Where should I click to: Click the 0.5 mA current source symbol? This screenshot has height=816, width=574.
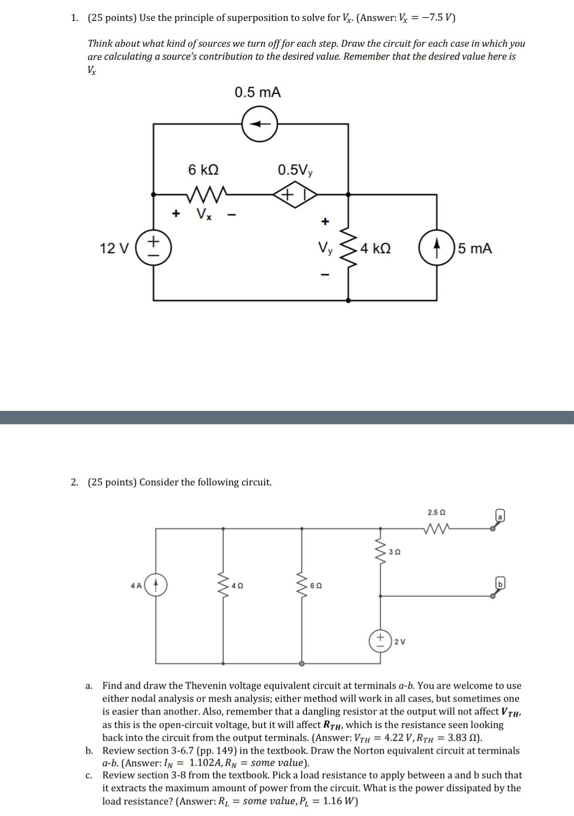(260, 124)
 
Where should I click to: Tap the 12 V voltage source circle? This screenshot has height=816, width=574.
(154, 248)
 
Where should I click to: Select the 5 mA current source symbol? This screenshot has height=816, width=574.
(437, 248)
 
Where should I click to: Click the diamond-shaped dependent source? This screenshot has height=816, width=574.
(295, 195)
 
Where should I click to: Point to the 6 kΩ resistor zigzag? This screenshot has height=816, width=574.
(208, 193)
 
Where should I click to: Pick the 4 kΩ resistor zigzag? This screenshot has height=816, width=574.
(348, 248)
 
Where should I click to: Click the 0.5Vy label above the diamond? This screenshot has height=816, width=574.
(295, 170)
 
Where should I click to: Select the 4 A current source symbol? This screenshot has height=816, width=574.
(156, 585)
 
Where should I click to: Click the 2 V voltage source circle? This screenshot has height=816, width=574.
(380, 641)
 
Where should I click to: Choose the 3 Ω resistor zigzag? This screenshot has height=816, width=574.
(380, 552)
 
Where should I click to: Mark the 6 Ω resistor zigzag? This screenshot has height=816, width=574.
(302, 585)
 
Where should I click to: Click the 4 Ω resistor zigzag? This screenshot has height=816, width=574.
(223, 585)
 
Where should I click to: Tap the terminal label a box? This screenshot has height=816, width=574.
(500, 516)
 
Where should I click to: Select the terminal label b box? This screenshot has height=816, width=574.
(500, 583)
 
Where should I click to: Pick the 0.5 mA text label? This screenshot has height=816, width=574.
(258, 92)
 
